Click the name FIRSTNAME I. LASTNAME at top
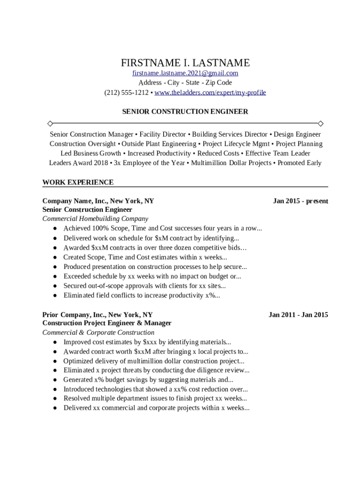(x=185, y=63)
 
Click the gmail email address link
(x=185, y=73)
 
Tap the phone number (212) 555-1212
(x=126, y=93)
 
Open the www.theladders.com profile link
(x=210, y=93)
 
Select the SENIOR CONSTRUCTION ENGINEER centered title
(x=185, y=112)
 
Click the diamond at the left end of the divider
(x=50, y=123)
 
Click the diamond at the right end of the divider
(x=320, y=123)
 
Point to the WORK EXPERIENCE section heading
(x=78, y=182)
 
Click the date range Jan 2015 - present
(x=300, y=201)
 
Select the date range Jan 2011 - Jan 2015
(x=298, y=315)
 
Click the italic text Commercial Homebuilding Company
(x=95, y=218)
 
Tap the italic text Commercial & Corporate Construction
(x=98, y=333)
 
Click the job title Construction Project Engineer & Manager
(x=107, y=323)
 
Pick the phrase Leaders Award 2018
(x=79, y=163)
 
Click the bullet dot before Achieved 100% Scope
(x=55, y=229)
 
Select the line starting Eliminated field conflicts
(x=142, y=295)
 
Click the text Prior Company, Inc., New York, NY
(x=97, y=315)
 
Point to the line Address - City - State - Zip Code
(x=185, y=83)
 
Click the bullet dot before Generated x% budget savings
(x=55, y=380)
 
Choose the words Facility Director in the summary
(x=163, y=134)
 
